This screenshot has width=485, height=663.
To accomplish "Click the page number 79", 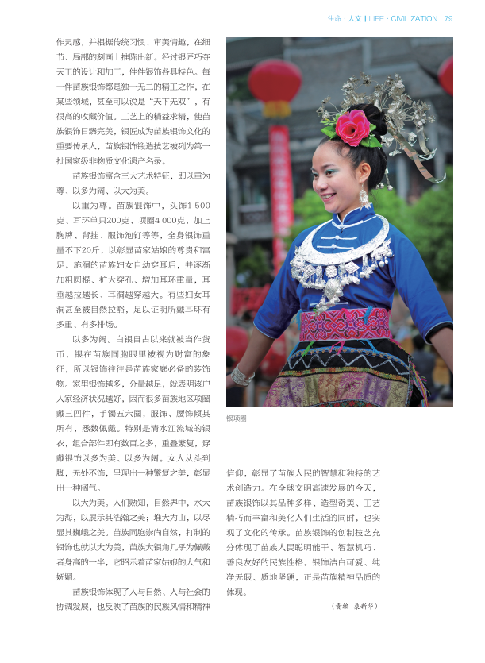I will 448,18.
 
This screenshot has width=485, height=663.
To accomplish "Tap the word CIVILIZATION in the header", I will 414,18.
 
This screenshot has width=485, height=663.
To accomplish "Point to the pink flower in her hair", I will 352,126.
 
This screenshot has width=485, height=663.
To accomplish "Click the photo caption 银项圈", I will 237,418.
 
